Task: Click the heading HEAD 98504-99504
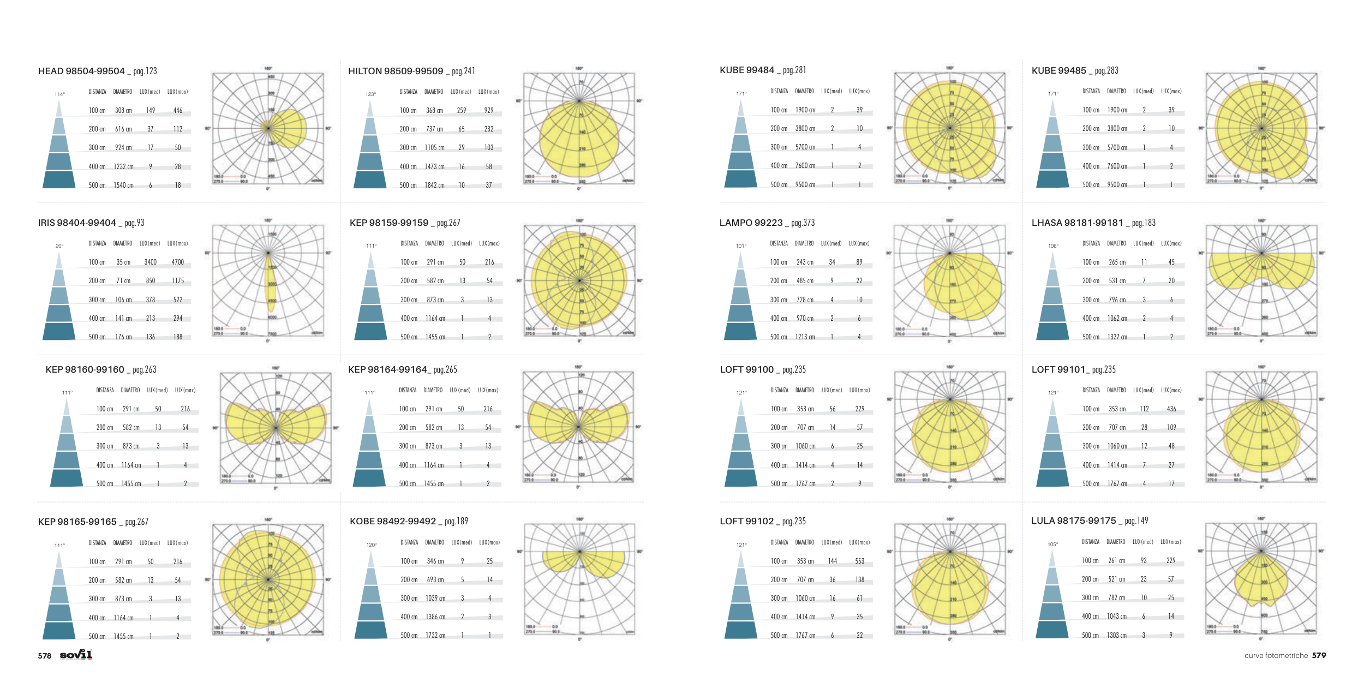click(x=81, y=71)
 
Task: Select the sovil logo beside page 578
click(x=76, y=655)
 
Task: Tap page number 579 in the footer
click(x=1319, y=655)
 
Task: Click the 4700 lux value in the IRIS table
click(x=178, y=262)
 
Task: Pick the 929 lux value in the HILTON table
click(x=489, y=111)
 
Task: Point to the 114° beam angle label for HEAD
click(x=59, y=94)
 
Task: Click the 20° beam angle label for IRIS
click(x=59, y=246)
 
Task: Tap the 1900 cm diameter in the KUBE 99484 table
click(x=805, y=110)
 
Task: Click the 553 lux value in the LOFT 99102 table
click(x=860, y=561)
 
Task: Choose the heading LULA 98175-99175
click(x=1073, y=521)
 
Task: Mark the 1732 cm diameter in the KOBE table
click(x=435, y=636)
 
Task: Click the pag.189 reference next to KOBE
click(x=456, y=522)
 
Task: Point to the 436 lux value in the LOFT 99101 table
click(x=1171, y=409)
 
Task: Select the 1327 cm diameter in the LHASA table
click(x=1117, y=337)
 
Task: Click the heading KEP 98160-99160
click(x=85, y=370)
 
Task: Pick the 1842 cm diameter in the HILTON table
click(x=434, y=186)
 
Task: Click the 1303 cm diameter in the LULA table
click(x=1116, y=636)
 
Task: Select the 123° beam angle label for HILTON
click(x=370, y=94)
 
